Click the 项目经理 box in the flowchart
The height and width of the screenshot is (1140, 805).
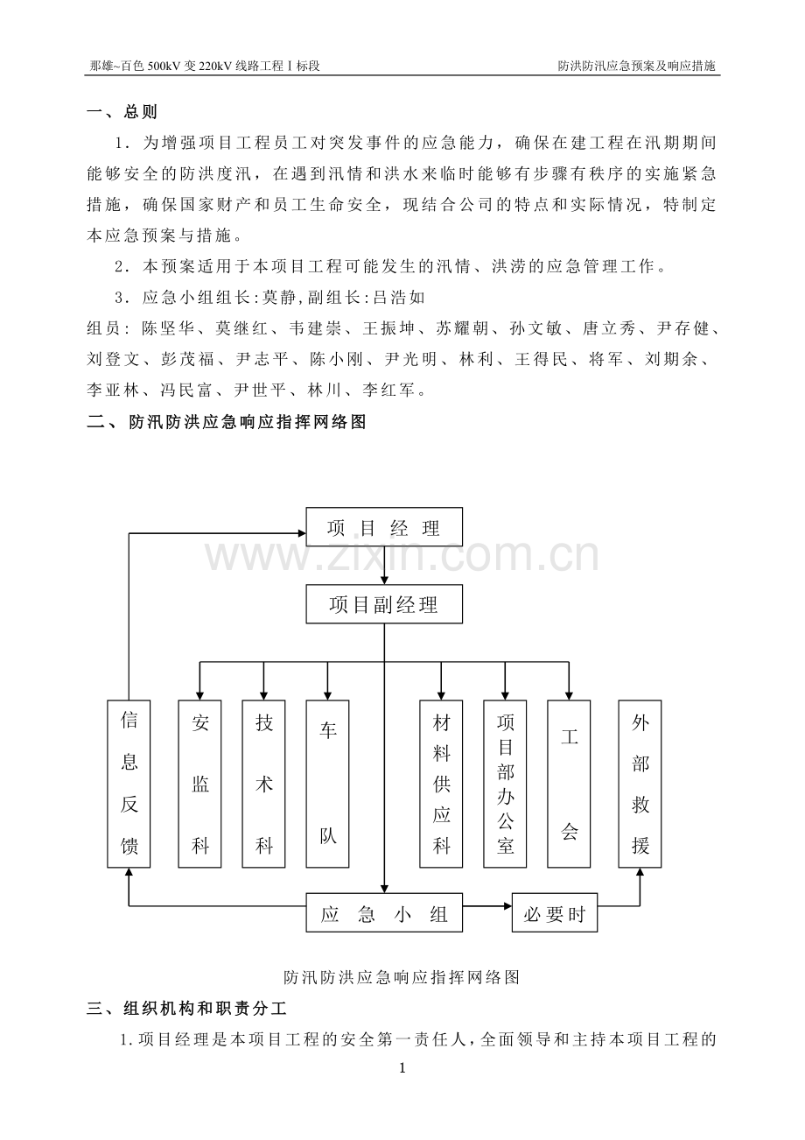(x=384, y=527)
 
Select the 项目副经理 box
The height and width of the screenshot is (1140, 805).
(x=384, y=604)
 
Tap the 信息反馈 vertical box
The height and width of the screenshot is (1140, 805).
(x=129, y=784)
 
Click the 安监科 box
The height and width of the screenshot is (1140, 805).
(x=199, y=784)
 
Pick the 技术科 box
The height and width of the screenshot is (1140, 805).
(x=263, y=784)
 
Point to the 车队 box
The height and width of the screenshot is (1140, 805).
(x=327, y=784)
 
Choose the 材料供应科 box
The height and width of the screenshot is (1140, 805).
(x=441, y=784)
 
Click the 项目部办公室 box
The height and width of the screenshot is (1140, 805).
(x=505, y=784)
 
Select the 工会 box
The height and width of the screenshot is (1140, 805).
(x=569, y=784)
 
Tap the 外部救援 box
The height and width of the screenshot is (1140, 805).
(x=640, y=784)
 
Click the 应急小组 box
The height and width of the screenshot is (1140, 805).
(x=384, y=912)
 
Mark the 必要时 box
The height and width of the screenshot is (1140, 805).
(x=554, y=912)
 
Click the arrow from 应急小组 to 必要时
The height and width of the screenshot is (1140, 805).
(x=487, y=906)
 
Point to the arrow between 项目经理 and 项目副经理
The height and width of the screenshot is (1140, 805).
(x=384, y=566)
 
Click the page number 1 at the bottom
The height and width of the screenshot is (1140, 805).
(x=402, y=1068)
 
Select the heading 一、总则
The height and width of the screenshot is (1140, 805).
(x=122, y=112)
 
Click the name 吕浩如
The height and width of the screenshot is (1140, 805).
(x=399, y=297)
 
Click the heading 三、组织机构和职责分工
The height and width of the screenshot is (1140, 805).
(x=186, y=1008)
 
